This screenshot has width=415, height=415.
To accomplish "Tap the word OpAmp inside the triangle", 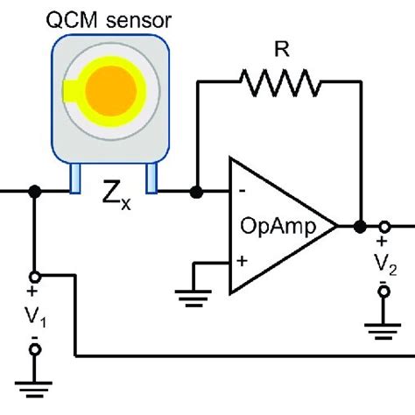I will coord(271,225).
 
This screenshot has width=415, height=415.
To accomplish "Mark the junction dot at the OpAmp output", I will coord(359,226).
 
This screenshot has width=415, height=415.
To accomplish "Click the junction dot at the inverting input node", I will coord(198,191).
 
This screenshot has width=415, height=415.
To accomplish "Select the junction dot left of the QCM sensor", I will coord(34,191).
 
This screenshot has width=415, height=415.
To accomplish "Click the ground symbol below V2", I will coord(383,331).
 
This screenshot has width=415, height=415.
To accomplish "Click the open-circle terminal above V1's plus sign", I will coord(35,274).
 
